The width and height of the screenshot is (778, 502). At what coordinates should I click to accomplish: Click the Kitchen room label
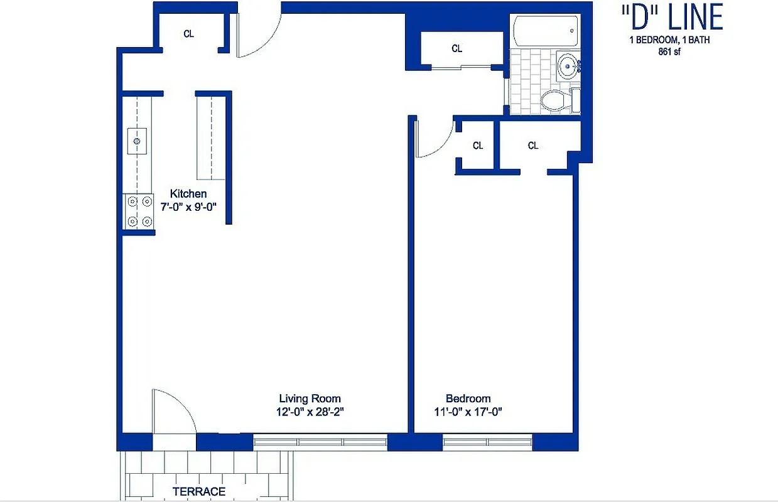point(188,194)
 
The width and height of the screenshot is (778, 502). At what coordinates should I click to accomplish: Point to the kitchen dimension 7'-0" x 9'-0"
point(188,206)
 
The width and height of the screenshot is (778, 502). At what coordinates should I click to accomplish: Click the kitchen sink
point(137,141)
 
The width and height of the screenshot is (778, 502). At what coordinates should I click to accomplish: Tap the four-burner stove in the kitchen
point(139,211)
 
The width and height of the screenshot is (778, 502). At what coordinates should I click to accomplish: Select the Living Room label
point(310,398)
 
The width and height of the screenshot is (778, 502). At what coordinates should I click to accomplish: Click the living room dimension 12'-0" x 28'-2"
point(310,412)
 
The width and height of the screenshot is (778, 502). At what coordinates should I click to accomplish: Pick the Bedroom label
point(468,398)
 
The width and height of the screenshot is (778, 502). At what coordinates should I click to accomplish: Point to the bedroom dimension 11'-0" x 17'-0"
point(468,412)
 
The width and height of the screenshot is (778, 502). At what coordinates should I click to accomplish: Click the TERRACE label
point(199,491)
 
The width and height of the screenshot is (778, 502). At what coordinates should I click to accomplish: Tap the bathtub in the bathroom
point(545,31)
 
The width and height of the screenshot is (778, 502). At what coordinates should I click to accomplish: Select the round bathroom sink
point(569,64)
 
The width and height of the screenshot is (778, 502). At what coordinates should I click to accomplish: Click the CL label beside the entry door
point(188,34)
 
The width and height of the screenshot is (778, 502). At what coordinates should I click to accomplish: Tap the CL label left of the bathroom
point(457,48)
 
